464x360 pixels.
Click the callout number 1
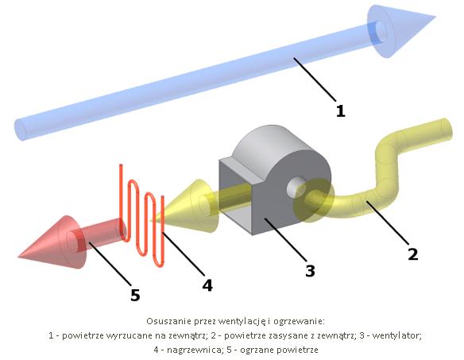click(341, 111)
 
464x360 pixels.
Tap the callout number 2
click(413, 254)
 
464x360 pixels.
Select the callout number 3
click(310, 270)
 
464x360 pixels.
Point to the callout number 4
click(207, 285)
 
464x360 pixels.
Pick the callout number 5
click(135, 295)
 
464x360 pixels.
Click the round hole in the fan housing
click(296, 187)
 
